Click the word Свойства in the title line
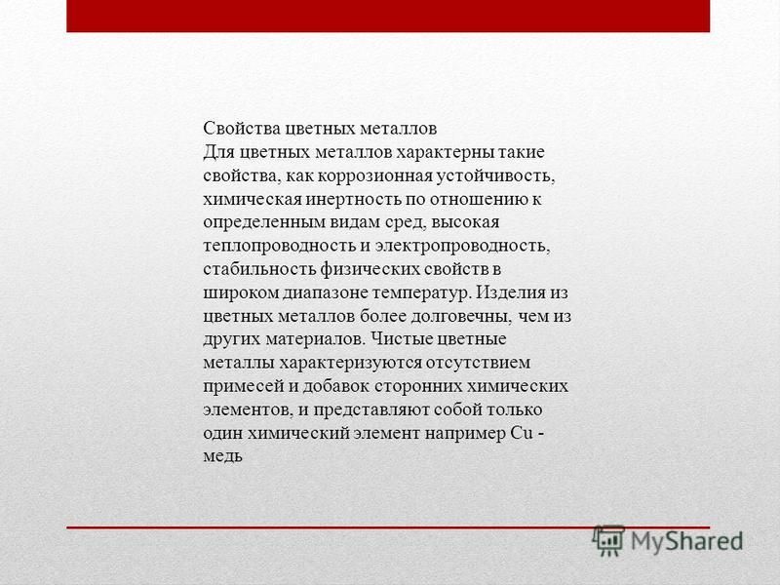[242, 129]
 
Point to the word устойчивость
[496, 175]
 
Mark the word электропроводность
[462, 246]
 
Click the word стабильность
[259, 269]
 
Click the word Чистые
[402, 339]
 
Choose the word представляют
[371, 409]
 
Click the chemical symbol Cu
[522, 433]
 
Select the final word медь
[222, 456]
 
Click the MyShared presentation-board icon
[608, 541]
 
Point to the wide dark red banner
[388, 16]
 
